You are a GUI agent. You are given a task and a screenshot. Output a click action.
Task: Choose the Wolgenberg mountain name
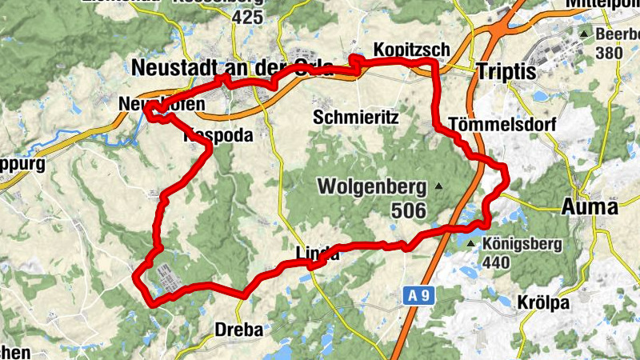373,187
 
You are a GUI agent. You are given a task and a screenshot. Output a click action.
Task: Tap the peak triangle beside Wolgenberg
438,186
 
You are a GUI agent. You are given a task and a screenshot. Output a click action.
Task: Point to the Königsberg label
522,244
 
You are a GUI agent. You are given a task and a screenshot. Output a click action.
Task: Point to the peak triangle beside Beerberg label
585,34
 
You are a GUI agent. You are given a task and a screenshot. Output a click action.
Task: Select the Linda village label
318,255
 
